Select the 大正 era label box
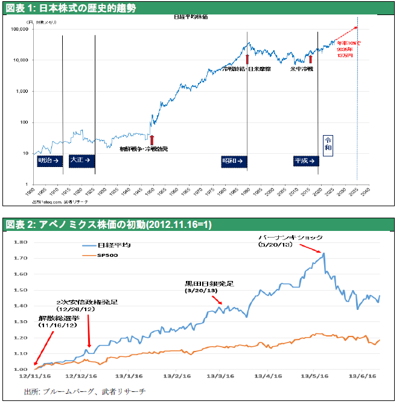click(80, 160)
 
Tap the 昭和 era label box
click(232, 161)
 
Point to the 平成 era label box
click(305, 161)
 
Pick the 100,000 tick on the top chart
click(21, 29)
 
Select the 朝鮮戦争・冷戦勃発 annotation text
click(143, 148)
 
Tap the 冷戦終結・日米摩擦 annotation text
click(247, 69)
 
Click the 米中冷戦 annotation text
click(301, 69)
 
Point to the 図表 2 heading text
click(109, 224)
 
